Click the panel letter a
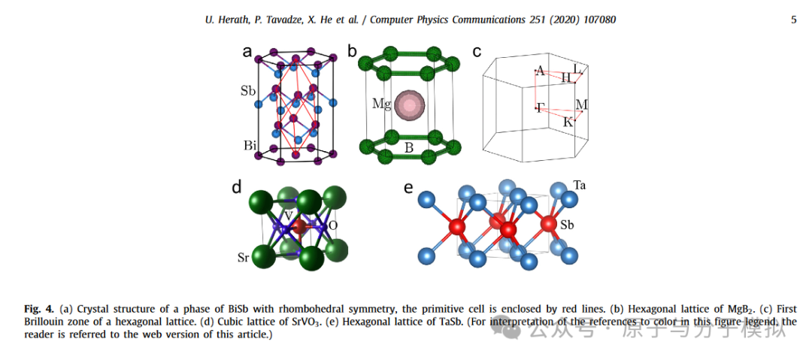pyautogui.click(x=247, y=52)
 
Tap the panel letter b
pyautogui.click(x=352, y=51)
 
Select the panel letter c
pyautogui.click(x=476, y=51)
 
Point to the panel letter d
pyautogui.click(x=236, y=187)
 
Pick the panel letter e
pyautogui.click(x=408, y=187)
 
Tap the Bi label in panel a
pyautogui.click(x=249, y=144)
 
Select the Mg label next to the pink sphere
pyautogui.click(x=382, y=104)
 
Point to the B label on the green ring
pyautogui.click(x=409, y=148)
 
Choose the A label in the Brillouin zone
pyautogui.click(x=540, y=71)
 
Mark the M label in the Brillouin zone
pyautogui.click(x=581, y=104)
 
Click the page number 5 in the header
pyautogui.click(x=793, y=20)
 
